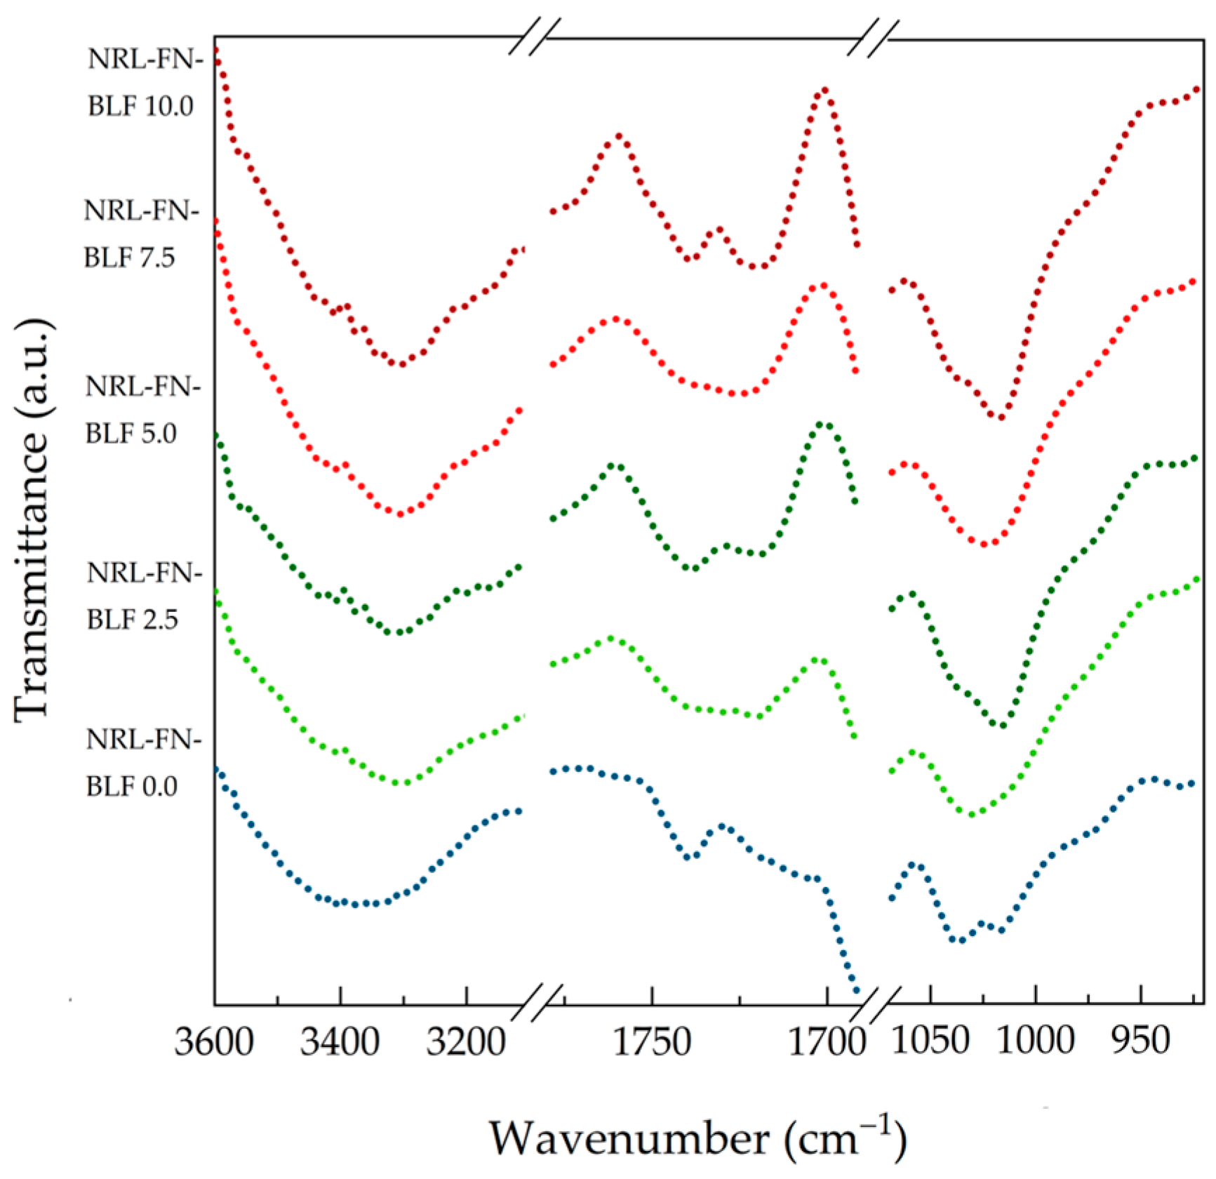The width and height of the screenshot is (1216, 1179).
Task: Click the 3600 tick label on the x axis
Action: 214,1041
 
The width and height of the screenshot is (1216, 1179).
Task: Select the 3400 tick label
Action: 340,1041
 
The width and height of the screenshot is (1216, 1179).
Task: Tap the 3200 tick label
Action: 466,1041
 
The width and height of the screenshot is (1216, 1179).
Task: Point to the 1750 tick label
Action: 652,1041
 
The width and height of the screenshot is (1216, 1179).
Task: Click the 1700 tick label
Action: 827,1041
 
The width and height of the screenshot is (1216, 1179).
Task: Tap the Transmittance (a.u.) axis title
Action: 32,519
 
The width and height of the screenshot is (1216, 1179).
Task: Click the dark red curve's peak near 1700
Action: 824,90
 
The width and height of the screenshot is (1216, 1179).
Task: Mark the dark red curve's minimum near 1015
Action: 1001,418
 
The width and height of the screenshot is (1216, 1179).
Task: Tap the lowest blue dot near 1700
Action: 855,990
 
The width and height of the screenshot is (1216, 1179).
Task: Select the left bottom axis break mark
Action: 537,1004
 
